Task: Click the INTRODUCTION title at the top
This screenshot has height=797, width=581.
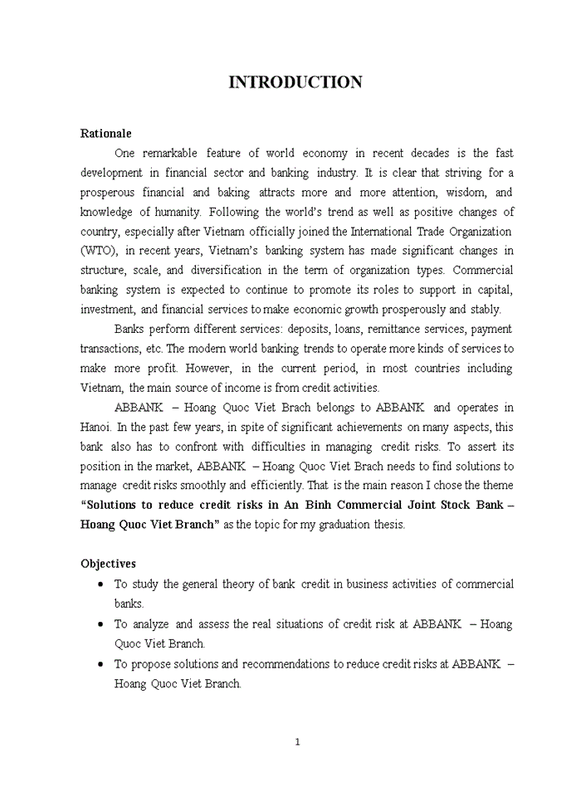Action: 295,82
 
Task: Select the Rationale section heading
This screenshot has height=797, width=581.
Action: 105,133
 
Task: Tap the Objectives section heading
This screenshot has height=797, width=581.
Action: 108,564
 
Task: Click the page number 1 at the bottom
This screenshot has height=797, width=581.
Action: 296,741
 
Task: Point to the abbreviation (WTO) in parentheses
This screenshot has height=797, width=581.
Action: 100,251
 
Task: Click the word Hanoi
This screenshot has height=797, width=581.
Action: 95,427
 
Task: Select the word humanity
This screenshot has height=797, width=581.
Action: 176,212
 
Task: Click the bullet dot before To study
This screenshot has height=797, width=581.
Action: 100,584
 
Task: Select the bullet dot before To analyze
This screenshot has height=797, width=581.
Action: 100,623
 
